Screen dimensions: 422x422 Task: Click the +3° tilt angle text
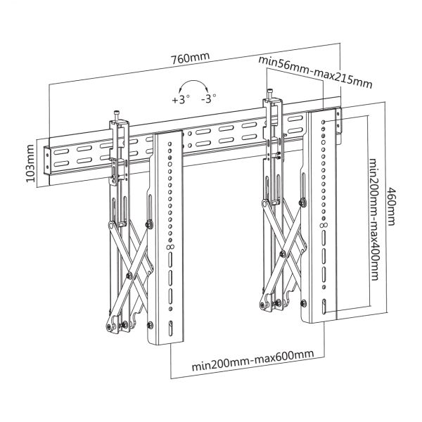(x=180, y=100)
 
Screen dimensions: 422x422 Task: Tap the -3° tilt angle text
(x=208, y=100)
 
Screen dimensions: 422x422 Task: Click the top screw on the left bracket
(x=117, y=113)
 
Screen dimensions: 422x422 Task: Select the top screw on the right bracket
(x=271, y=94)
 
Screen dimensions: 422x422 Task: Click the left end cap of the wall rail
(x=47, y=161)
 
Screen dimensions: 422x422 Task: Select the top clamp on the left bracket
(x=118, y=127)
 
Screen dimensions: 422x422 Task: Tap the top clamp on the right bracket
(x=272, y=107)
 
